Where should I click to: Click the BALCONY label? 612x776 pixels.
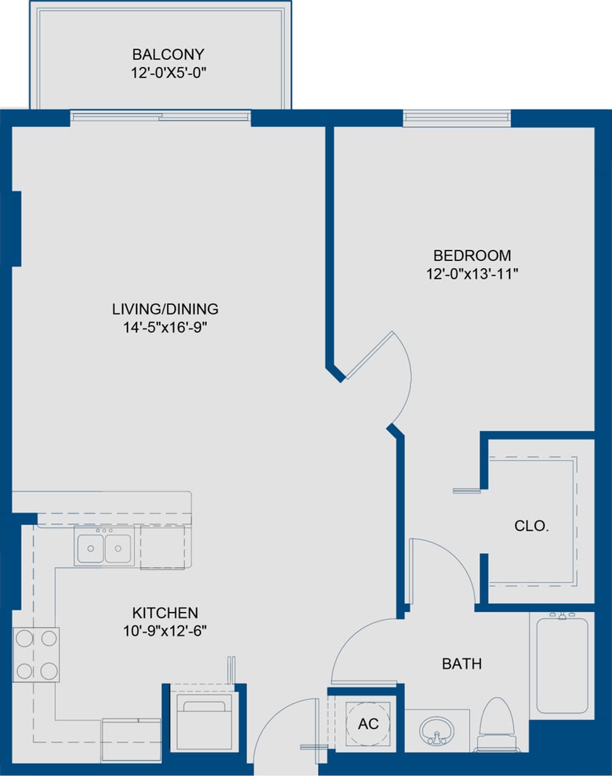coord(168,55)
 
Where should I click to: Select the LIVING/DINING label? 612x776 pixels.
coord(165,309)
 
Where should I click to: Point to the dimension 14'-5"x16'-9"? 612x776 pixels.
coord(165,328)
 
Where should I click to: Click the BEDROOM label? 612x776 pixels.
coord(472,255)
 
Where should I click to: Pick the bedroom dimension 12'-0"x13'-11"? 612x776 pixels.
coord(472,274)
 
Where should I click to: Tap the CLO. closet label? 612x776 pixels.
coord(532,526)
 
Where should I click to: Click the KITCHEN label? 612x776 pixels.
coord(165,613)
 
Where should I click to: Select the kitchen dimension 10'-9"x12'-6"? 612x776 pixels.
coord(165,631)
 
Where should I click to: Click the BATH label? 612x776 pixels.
coord(461,663)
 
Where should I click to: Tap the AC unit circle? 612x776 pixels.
coord(368,724)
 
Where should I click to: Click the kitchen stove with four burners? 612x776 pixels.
coord(36,655)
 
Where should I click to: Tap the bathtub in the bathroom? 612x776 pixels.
coord(561,664)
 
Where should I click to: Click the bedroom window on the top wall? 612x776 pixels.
coord(456,118)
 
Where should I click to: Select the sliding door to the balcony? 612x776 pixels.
coord(160,116)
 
